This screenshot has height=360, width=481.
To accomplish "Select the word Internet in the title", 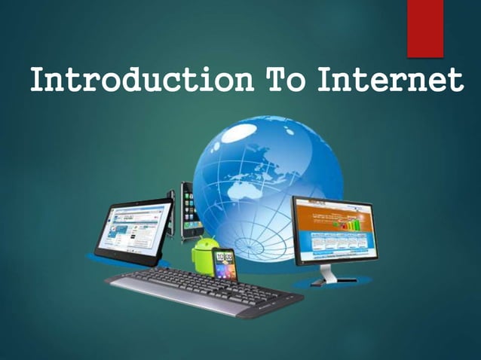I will pyautogui.click(x=388, y=80).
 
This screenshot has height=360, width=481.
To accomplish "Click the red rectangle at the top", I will pyautogui.click(x=424, y=28).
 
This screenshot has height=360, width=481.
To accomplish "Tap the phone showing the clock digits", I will pyautogui.click(x=225, y=263).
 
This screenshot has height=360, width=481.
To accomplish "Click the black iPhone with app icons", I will pyautogui.click(x=188, y=212).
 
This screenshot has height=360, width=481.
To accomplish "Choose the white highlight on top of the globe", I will pyautogui.click(x=256, y=132).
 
